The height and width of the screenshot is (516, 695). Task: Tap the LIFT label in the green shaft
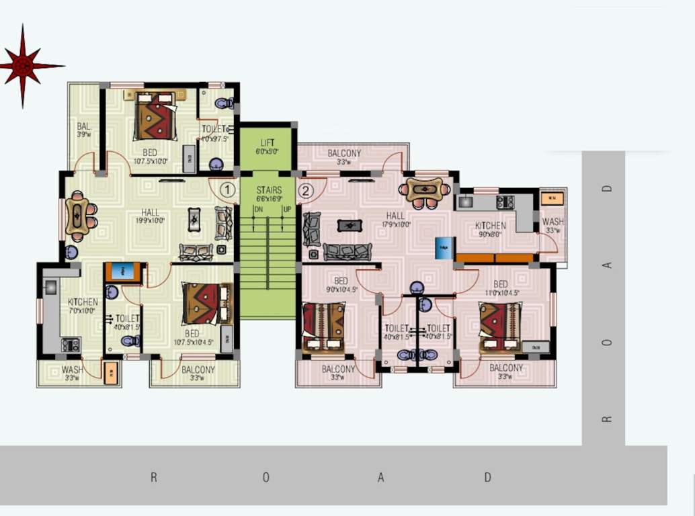tap(267, 142)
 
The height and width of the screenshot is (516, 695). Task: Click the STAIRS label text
tap(269, 190)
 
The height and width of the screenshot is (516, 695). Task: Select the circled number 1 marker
tap(228, 191)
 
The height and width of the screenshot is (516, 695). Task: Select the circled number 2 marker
tap(306, 191)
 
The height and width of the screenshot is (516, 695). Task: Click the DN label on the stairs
tap(257, 210)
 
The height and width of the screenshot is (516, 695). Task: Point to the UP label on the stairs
tap(288, 210)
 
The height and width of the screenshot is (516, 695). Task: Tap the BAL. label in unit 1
tap(84, 126)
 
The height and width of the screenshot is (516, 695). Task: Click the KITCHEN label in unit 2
tap(490, 226)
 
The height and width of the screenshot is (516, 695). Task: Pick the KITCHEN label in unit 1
tap(83, 302)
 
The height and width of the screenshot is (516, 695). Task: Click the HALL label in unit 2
tap(395, 216)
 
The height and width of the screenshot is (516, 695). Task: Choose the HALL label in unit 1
tap(151, 212)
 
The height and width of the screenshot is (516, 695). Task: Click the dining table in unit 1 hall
tap(79, 216)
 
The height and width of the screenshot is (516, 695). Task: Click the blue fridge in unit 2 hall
tap(444, 248)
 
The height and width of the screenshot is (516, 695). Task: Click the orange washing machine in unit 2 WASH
tap(552, 198)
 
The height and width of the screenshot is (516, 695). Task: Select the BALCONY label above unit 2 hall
tap(344, 153)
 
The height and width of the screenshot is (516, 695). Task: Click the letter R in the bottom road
tap(153, 478)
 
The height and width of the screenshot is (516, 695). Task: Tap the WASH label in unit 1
tap(72, 370)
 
